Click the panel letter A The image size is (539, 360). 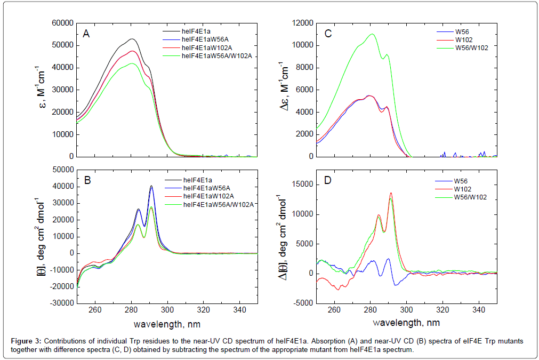coord(86,34)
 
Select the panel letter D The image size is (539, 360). coord(327,180)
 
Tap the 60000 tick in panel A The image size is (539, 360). coord(61,23)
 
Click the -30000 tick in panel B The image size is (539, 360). coord(59,303)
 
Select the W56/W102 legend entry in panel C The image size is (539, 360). coord(469,47)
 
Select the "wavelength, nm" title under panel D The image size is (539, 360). coord(407,323)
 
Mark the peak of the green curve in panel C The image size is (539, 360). coord(372,34)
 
